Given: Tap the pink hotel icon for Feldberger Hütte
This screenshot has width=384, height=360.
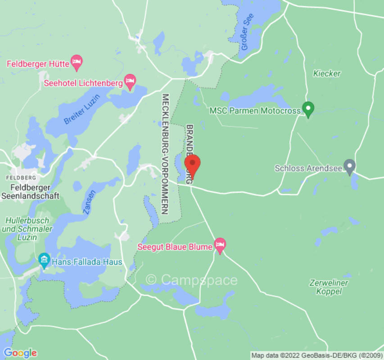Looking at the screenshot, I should [77, 63].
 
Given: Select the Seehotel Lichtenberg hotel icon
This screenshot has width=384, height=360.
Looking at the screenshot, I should [130, 82].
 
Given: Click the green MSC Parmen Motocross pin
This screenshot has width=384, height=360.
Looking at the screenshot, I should [308, 108].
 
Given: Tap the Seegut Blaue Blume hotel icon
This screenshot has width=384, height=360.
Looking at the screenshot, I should [220, 245].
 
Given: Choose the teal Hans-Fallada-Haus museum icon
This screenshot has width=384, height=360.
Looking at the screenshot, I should [44, 260].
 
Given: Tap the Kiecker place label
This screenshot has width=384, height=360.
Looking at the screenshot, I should [327, 73].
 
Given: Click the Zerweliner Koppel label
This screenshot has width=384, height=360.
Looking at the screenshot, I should [329, 287].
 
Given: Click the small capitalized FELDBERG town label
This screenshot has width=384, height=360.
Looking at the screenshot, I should [20, 178].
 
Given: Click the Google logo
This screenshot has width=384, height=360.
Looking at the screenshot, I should [20, 352].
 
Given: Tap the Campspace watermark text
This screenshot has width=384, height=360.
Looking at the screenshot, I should [192, 280].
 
